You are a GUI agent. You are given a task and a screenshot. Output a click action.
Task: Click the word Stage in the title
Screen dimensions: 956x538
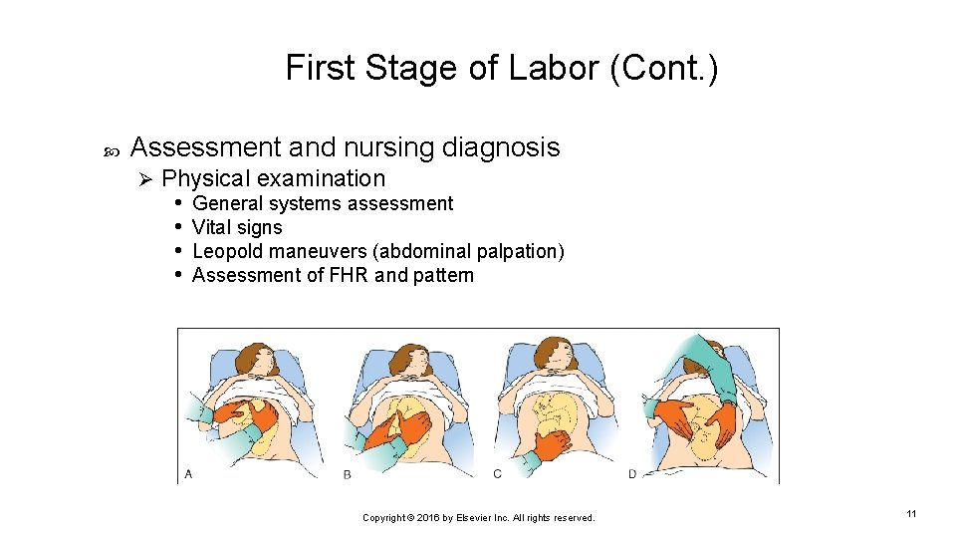tap(398, 69)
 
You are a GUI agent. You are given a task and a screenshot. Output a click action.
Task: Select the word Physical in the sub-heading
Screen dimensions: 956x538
tap(206, 179)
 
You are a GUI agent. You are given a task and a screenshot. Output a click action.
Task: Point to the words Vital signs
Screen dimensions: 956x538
tap(237, 228)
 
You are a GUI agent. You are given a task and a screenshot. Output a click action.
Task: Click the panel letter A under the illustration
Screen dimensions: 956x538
tap(188, 473)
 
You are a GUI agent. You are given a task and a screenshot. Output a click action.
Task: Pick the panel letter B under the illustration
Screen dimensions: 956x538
tap(347, 473)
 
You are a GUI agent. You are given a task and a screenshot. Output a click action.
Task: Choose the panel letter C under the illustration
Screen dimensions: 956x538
tap(497, 473)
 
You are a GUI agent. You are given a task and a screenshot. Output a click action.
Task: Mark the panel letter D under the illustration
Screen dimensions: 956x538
tap(632, 473)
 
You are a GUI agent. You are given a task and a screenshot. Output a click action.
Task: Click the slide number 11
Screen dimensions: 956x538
tap(911, 513)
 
